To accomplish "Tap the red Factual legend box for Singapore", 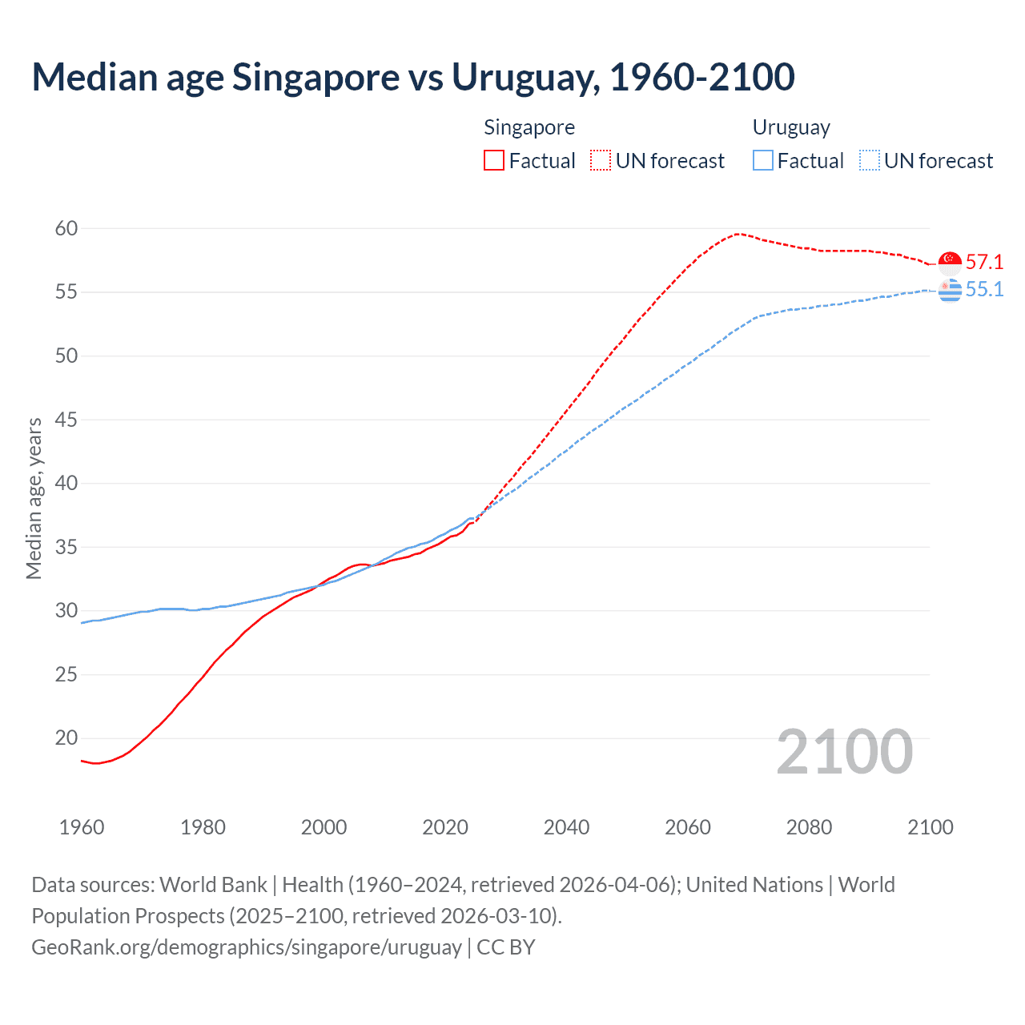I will point(494,161).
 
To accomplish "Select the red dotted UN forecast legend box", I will point(601,161).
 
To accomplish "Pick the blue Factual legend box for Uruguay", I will point(763,161).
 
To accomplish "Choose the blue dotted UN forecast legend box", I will point(870,161).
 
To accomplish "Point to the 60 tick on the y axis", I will point(66,228).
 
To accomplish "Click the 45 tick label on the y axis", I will point(66,420).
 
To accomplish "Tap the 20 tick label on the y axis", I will point(66,738).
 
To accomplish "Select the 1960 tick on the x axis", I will point(82,827).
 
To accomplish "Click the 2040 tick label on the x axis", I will point(566,827).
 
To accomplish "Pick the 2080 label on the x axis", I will point(809,827).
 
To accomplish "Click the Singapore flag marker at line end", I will point(950,263).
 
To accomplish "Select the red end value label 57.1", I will point(984,262).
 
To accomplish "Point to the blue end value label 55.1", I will point(984,289).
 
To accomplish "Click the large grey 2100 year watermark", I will point(844,751).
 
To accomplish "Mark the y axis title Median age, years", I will point(34,498).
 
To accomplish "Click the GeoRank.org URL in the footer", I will point(247,947).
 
